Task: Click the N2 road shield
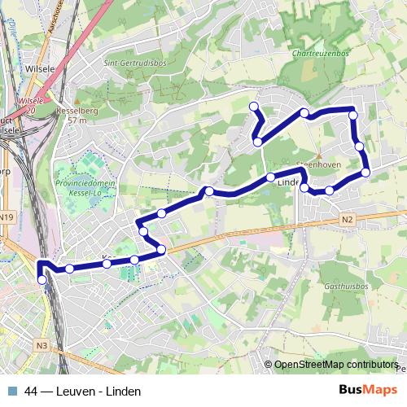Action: coord(348,219)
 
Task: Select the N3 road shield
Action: coord(42,346)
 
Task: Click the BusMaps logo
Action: coord(369,390)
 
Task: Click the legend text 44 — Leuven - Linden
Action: coord(77,392)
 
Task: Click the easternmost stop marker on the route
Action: coord(365,172)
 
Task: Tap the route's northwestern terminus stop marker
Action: coord(253,107)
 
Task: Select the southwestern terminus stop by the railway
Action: coord(42,280)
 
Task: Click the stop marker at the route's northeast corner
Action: coord(352,115)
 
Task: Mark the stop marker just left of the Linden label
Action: coord(270,177)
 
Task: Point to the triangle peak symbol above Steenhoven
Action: coord(319,154)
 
